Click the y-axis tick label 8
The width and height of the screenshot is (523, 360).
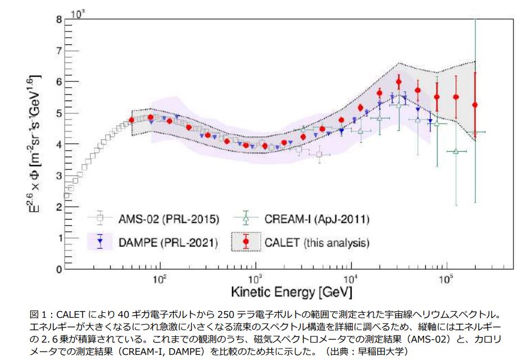[x=58, y=20]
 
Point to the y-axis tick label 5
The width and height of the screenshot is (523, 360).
[x=58, y=113]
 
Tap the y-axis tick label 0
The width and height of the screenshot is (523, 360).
[x=58, y=270]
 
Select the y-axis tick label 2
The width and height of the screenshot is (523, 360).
[x=58, y=207]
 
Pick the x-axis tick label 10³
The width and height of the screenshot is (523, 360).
[x=256, y=279]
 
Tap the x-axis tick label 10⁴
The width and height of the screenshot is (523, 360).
[x=351, y=279]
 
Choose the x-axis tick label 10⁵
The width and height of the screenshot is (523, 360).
[x=447, y=279]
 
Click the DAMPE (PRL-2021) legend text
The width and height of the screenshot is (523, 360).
[x=166, y=243]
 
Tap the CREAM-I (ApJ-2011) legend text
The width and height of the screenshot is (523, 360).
[x=318, y=218]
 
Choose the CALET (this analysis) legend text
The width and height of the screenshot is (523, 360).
[x=317, y=243]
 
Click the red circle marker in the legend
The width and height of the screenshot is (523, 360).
[x=246, y=242]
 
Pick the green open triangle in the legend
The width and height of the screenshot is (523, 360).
[x=246, y=217]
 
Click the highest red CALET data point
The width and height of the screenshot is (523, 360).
[x=398, y=81]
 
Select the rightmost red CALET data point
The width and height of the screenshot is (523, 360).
[x=475, y=104]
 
